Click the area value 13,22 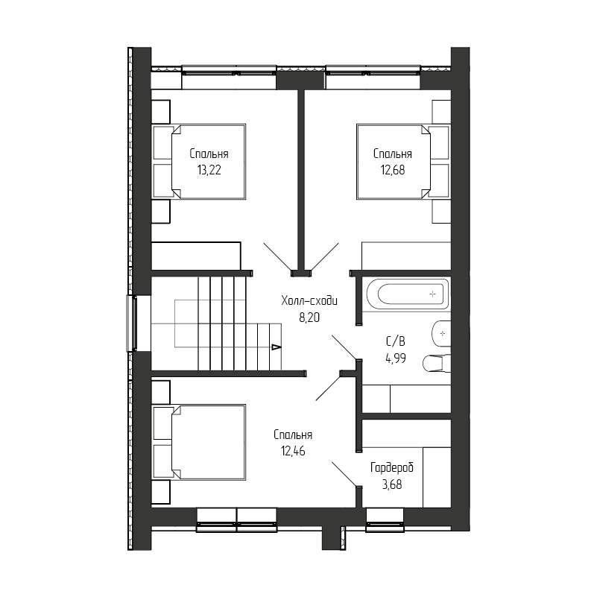(x=209, y=170)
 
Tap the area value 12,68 (x=393, y=170)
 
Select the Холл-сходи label (x=309, y=301)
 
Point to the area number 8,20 (x=309, y=318)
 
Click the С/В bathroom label (x=396, y=341)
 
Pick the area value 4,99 (x=396, y=358)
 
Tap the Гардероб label (x=392, y=467)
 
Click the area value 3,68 (x=392, y=484)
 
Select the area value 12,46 (x=293, y=451)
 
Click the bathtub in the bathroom (x=407, y=294)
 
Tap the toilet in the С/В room (x=437, y=363)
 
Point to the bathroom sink (x=441, y=334)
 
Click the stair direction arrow (x=276, y=347)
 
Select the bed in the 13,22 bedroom (x=199, y=162)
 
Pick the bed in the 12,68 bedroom (x=403, y=162)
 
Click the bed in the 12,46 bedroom (x=199, y=442)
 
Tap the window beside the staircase (x=131, y=323)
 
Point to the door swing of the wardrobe (x=345, y=474)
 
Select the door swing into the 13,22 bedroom (x=277, y=257)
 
